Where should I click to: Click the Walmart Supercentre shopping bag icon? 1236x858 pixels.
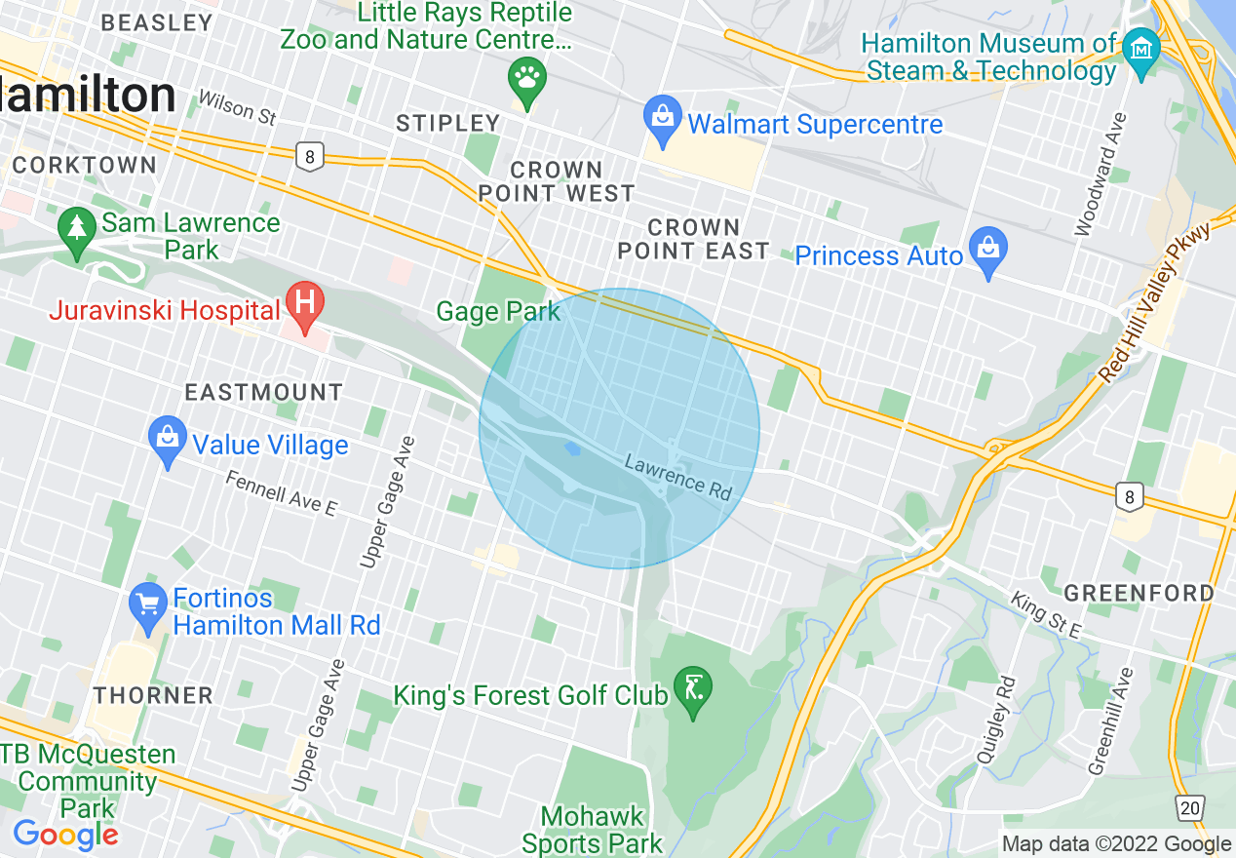click(x=663, y=121)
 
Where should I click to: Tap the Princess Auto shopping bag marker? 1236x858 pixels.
click(x=988, y=253)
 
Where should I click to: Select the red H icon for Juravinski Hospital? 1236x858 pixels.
click(x=305, y=305)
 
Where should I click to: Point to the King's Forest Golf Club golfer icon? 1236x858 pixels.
click(x=693, y=691)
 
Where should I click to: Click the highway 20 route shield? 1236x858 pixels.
click(x=1189, y=807)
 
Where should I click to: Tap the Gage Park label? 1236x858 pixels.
click(x=498, y=312)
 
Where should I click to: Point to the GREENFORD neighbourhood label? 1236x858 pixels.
click(x=1139, y=593)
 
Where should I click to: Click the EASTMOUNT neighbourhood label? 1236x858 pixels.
click(x=264, y=392)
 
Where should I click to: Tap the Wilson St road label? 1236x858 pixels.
click(x=237, y=106)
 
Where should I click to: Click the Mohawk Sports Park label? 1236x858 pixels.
click(x=593, y=829)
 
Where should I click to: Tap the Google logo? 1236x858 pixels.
click(x=65, y=835)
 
